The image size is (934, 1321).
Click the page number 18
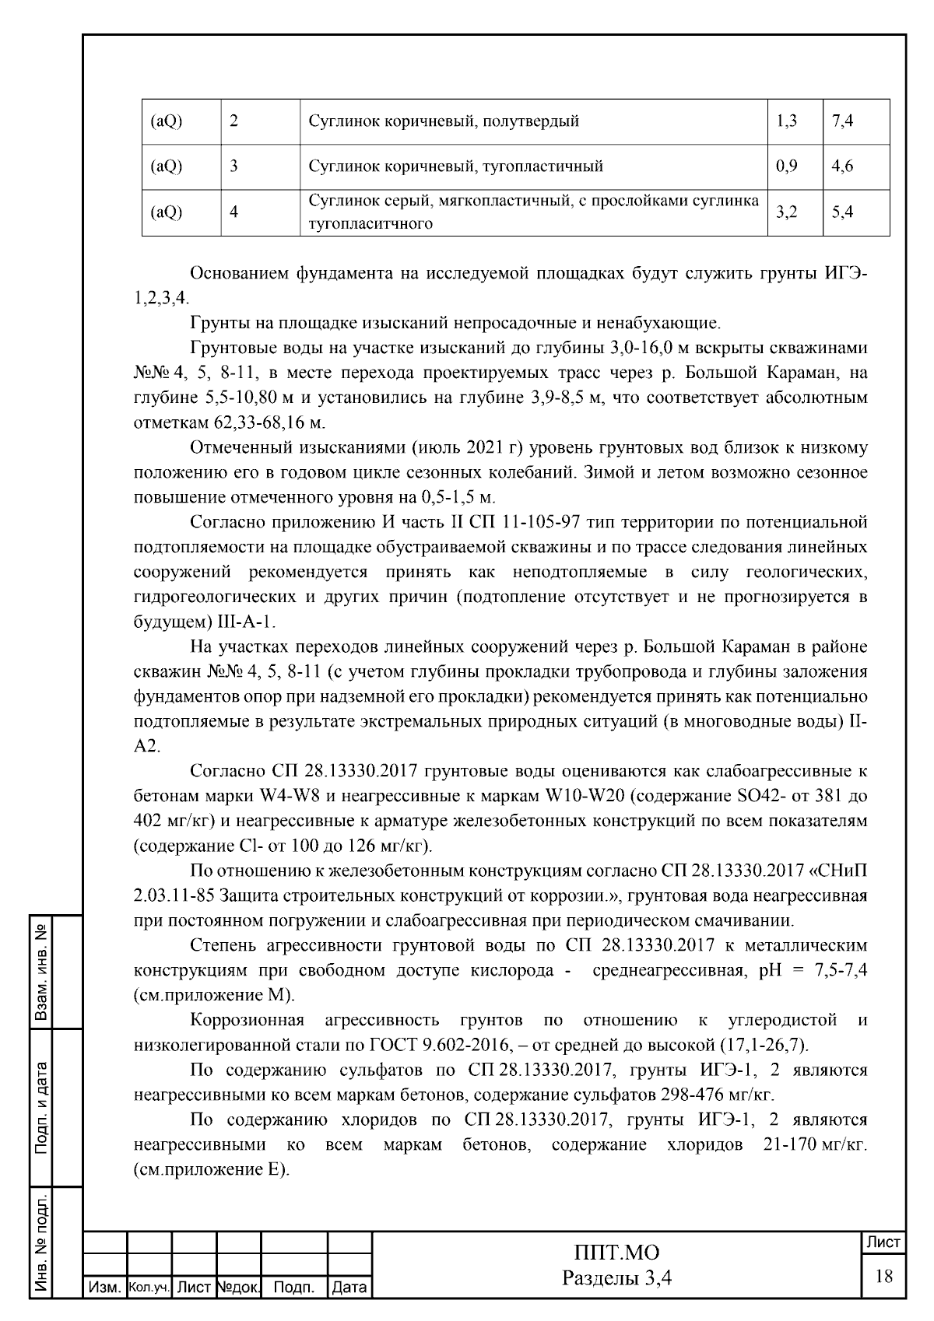(883, 1277)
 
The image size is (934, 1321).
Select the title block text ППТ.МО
(616, 1253)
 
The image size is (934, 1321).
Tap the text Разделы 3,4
(616, 1277)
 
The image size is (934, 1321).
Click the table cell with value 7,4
(843, 121)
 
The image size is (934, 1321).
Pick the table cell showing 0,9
(787, 166)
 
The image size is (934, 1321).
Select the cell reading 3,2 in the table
(787, 212)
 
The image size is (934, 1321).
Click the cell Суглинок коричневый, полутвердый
(444, 121)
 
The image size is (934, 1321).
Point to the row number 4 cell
(234, 212)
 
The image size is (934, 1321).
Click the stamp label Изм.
(104, 1288)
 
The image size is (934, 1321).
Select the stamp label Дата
(349, 1288)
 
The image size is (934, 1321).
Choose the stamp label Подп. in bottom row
(294, 1288)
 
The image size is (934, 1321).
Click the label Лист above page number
(883, 1243)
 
